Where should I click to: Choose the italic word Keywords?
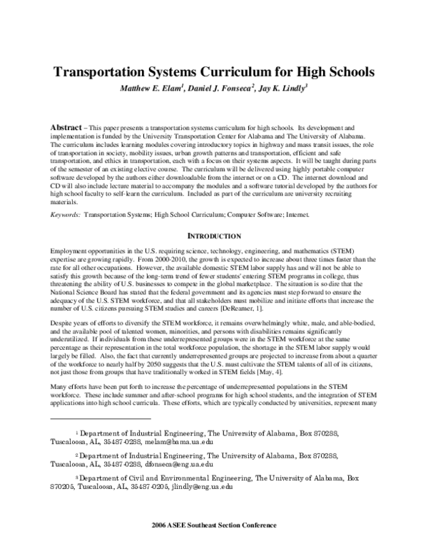coord(65,214)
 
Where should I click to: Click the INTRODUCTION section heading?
coord(213,236)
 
